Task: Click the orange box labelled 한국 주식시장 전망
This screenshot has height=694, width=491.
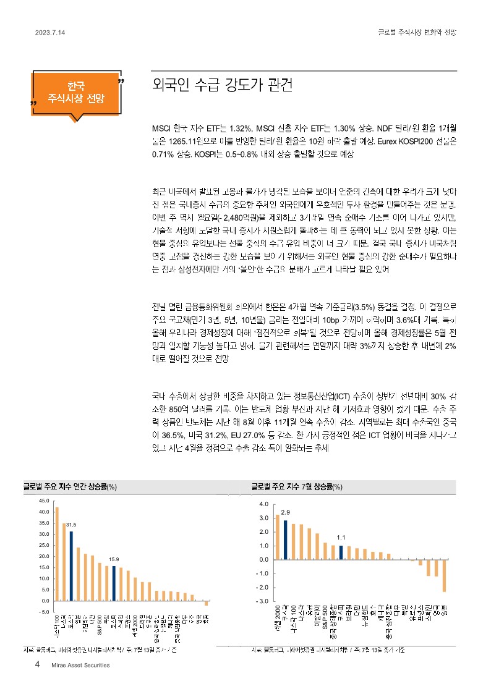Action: click(77, 92)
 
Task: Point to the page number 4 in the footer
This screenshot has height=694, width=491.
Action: click(38, 665)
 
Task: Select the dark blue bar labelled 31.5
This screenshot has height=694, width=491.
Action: click(71, 565)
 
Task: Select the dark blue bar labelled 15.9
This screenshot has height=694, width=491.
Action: click(114, 583)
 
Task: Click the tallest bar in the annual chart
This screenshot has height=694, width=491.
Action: click(57, 554)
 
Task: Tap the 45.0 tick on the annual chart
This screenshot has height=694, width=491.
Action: click(44, 501)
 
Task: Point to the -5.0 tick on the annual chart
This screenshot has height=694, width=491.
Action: click(44, 612)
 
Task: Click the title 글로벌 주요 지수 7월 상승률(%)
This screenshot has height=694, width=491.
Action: click(297, 487)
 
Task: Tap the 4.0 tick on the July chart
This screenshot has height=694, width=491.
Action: click(264, 504)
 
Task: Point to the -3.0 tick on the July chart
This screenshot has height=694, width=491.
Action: click(263, 601)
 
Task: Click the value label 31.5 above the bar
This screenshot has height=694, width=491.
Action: click(71, 524)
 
